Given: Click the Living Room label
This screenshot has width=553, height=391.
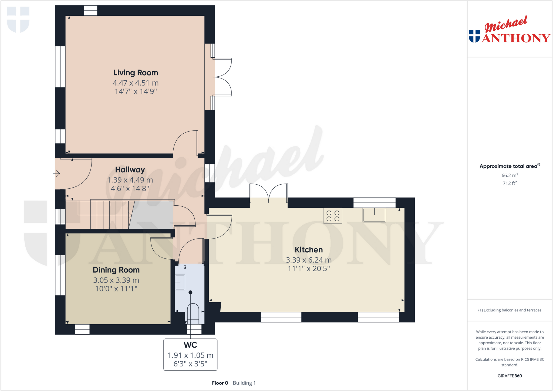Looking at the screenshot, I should point(136,73).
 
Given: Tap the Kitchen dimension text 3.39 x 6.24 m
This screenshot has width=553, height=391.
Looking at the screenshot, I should point(308,260).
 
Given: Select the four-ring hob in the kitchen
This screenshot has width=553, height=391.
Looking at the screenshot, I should point(333,216).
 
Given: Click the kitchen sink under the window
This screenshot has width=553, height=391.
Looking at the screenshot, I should point(374,215).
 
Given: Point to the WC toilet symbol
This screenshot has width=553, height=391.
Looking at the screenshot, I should point(193,313).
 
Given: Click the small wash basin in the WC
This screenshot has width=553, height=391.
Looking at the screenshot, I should point(180,282).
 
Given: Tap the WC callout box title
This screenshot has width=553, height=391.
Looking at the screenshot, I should point(190,345).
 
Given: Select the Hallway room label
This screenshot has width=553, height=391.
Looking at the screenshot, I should point(130,169).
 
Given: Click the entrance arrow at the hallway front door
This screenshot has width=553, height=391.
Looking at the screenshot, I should point(57,174).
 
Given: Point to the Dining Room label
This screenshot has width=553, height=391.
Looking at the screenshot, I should point(116,270).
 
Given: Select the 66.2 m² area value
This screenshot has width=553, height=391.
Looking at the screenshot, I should point(510,175).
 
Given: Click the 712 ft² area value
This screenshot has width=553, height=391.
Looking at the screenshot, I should point(510,183).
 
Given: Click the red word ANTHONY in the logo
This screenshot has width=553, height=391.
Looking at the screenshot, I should point(516,38).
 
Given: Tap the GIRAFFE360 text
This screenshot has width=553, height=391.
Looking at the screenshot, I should point(510,376).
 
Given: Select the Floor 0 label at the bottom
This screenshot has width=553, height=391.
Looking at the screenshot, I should point(220,383).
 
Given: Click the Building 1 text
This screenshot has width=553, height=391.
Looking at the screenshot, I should point(244,383).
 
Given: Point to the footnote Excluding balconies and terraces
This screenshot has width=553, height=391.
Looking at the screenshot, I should point(510,310).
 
